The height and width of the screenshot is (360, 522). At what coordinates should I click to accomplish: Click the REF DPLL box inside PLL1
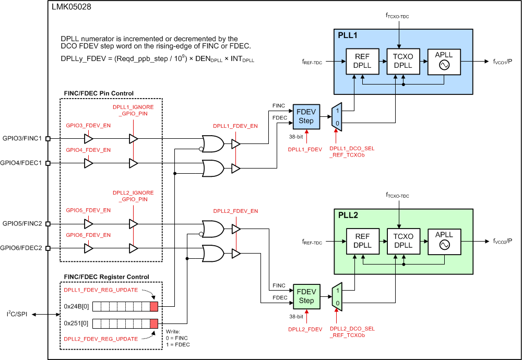coord(362,61)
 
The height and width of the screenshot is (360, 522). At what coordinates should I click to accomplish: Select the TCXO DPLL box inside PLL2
coord(404,241)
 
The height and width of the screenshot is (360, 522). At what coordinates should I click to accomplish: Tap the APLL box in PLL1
coord(444,61)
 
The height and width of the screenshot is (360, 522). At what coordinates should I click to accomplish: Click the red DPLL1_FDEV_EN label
coord(235,126)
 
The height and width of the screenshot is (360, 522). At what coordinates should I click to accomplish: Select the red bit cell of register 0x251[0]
coord(153,323)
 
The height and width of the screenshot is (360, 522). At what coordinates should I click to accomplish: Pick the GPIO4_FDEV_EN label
coord(88,150)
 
